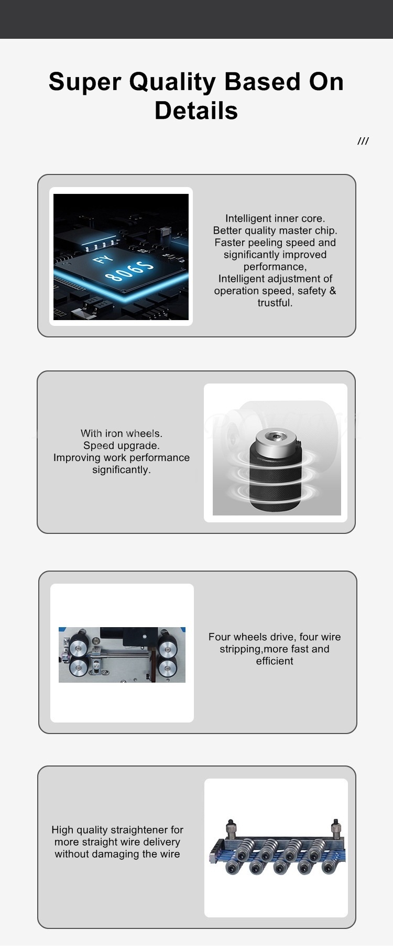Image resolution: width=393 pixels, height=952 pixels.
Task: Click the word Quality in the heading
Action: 172,83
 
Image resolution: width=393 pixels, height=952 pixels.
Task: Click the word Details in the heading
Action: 196,111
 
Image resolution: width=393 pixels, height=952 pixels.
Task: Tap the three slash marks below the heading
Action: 363,141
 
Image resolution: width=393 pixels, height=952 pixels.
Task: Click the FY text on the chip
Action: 103,260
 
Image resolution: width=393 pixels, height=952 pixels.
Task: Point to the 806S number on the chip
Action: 130,270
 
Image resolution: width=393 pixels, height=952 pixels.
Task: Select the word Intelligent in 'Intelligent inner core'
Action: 248,218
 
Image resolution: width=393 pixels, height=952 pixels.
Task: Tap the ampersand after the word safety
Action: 332,291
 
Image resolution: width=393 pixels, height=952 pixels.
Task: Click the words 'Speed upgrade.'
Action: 122,445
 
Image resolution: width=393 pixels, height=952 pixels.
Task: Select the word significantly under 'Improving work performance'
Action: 122,469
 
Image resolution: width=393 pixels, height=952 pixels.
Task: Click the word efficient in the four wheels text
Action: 275,661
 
